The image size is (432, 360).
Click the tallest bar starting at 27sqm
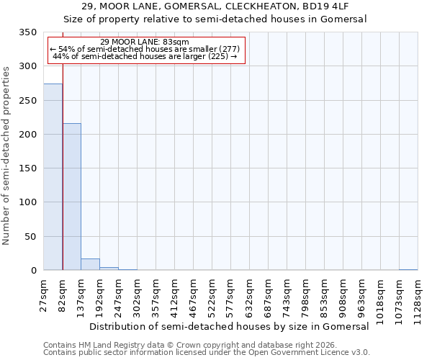coord(53,177)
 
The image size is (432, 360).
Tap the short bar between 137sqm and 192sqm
coord(90,264)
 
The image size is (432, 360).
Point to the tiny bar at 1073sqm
coord(408,269)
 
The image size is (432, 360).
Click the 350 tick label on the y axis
coord(27,32)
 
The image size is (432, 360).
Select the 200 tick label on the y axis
coord(27,135)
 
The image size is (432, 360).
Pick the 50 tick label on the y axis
coord(30,237)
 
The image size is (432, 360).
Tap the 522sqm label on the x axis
coord(212,294)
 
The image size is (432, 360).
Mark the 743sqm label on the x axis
coord(287,294)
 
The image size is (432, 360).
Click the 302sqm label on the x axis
coord(138,294)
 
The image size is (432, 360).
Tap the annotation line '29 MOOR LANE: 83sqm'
coord(145,42)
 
